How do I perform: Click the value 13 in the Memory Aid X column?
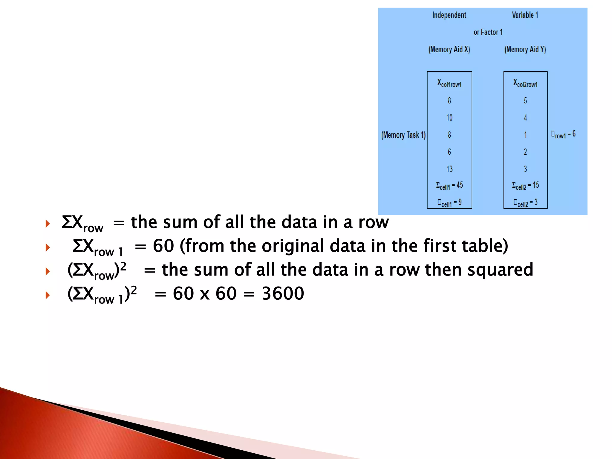point(449,169)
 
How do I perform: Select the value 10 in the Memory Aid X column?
point(449,118)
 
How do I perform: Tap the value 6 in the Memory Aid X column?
point(449,152)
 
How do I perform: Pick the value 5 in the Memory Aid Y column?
point(525,101)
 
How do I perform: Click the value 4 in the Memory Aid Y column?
point(525,118)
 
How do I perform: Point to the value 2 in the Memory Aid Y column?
point(525,152)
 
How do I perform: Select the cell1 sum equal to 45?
point(449,186)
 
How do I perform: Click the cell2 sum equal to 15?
point(525,186)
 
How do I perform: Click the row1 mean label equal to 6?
point(563,134)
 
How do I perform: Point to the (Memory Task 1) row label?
point(403,135)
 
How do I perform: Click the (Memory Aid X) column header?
point(449,50)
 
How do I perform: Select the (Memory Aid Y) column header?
point(525,50)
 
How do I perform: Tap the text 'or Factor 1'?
point(488,32)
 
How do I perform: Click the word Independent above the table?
point(449,15)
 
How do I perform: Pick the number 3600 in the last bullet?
point(283,293)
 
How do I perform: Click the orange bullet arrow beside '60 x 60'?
point(48,295)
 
